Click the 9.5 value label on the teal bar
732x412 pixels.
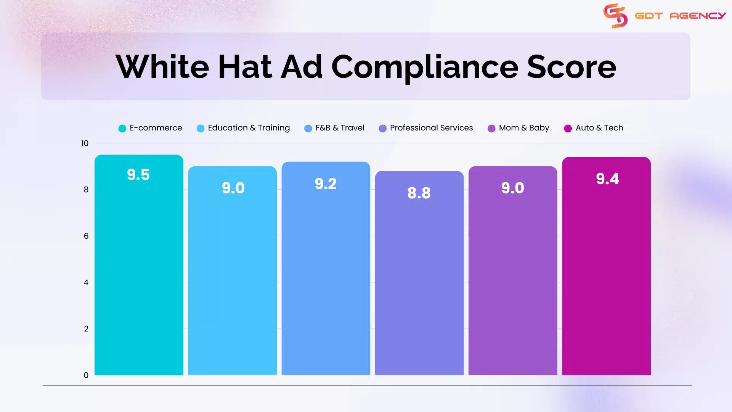click(138, 175)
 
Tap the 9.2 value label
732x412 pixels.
click(326, 184)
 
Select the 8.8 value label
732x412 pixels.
click(419, 193)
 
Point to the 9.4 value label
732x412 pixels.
click(607, 179)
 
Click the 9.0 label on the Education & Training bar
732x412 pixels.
click(233, 188)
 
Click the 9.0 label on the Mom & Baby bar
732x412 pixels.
click(512, 188)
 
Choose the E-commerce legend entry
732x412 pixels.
click(151, 128)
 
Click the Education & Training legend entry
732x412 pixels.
click(243, 128)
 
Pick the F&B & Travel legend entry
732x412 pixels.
click(334, 128)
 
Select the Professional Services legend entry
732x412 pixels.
click(426, 128)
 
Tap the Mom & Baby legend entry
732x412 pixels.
click(518, 128)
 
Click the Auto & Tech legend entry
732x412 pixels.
click(594, 128)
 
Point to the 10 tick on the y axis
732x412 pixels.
click(85, 143)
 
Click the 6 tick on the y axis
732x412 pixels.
click(86, 236)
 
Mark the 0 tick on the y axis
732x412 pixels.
click(86, 375)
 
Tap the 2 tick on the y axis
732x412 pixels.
click(86, 329)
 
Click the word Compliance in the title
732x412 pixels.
click(425, 67)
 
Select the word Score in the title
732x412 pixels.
click(571, 67)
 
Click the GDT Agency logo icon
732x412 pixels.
click(615, 16)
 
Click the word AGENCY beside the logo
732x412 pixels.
click(698, 16)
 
